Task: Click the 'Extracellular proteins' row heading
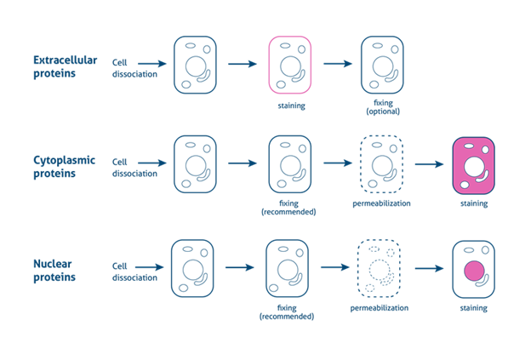point(66,67)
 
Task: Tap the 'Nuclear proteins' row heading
point(55,271)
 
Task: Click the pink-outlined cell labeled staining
point(291,65)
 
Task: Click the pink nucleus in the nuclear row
point(474,271)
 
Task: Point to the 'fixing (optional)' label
point(383,107)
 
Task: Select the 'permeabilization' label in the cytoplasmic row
point(382,204)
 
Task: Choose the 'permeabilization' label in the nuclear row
point(380,307)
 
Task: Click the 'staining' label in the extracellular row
point(291,106)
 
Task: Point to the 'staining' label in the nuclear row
point(474,307)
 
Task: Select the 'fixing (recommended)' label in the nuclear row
point(287,311)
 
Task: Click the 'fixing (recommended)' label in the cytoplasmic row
point(288,208)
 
